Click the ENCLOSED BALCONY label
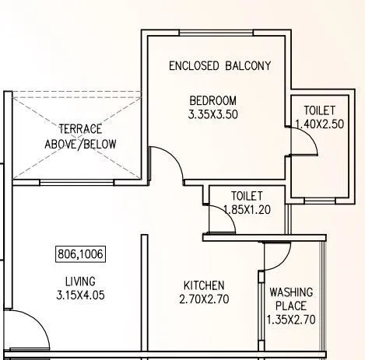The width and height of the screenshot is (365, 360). pos(220,66)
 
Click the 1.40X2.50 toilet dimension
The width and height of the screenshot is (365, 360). pos(319,124)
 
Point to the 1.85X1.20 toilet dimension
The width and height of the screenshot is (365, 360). pos(246,209)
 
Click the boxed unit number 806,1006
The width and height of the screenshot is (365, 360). pos(81,253)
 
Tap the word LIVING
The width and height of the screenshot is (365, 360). pos(80,281)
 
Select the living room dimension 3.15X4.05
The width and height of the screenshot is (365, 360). pos(80,295)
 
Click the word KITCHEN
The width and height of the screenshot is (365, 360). pos(204,285)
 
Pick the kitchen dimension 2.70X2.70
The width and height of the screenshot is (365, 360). pos(204,299)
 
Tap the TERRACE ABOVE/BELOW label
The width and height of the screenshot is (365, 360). pos(80,136)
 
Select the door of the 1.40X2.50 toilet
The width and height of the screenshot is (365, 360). pos(307,140)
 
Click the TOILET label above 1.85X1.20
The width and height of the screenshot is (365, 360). pos(246,196)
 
